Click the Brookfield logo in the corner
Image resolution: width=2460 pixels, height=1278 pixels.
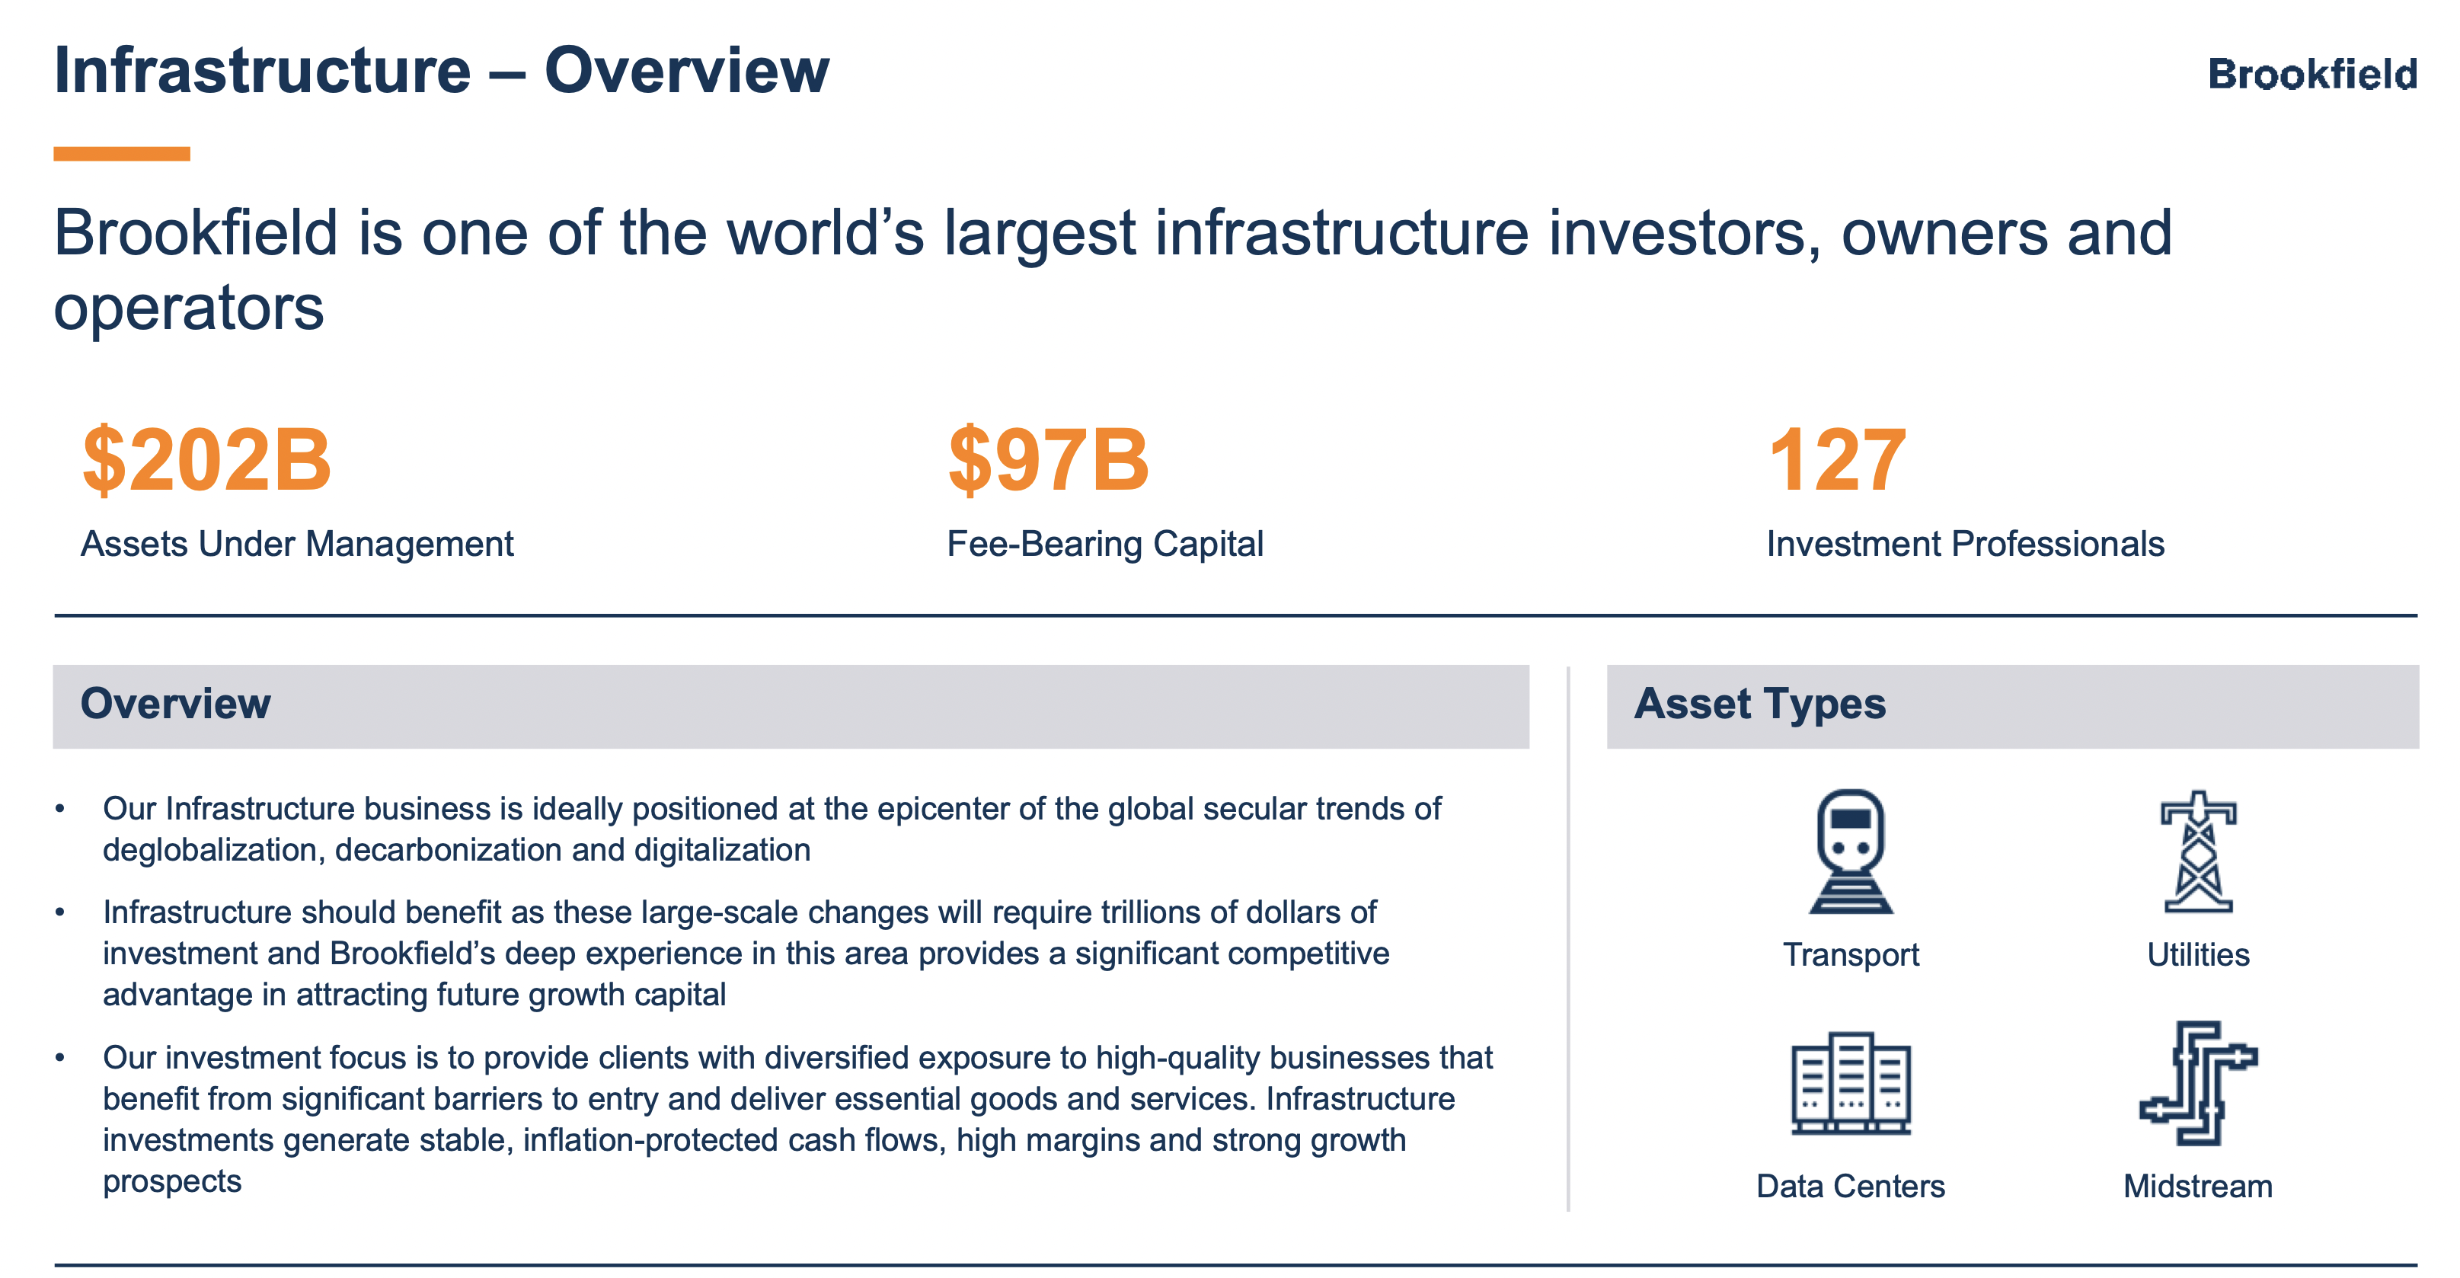point(2312,75)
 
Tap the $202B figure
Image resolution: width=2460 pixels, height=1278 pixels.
point(206,460)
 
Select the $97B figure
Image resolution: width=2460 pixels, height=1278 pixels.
point(1048,460)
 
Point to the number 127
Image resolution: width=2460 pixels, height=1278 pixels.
point(1836,460)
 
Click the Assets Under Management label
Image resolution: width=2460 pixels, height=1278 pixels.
point(297,545)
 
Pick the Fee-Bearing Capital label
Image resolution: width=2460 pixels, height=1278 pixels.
point(1105,545)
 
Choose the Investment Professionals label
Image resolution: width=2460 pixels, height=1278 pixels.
point(1965,545)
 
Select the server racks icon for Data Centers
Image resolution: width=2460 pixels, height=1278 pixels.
point(1851,1083)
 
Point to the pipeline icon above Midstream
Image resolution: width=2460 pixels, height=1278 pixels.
point(2198,1083)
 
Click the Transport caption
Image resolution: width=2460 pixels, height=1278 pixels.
point(1851,955)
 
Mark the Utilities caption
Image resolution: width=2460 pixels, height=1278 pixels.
point(2198,955)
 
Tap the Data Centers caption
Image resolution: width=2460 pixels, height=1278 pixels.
point(1851,1187)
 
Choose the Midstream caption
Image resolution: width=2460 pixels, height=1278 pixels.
point(2198,1187)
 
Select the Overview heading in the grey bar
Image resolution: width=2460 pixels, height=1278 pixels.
point(176,704)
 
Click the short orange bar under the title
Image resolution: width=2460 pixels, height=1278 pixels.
point(121,154)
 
